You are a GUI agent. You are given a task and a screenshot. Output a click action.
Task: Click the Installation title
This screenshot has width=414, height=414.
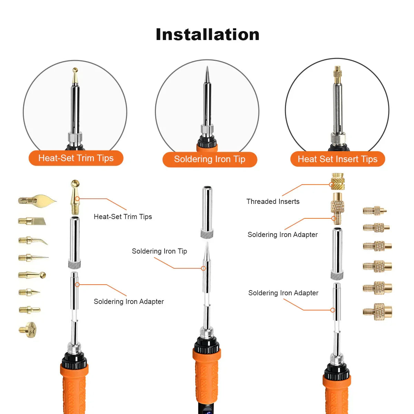pos(207,34)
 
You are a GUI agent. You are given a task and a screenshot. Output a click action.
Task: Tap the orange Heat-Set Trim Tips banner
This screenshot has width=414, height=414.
pos(76,158)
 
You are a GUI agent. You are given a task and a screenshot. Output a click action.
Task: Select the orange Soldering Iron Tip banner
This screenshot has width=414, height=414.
pos(210,159)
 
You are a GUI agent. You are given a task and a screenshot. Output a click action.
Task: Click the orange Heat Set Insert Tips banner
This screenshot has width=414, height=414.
pos(337,159)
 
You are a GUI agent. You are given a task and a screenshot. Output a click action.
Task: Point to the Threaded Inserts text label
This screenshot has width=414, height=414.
pos(273,201)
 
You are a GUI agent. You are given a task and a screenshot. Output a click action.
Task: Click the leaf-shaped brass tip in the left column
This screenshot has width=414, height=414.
pos(38,200)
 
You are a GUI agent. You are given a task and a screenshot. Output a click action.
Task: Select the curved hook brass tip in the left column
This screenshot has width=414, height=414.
pos(33,240)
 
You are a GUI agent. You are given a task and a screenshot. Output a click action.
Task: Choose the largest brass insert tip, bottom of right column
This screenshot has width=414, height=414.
pos(377,312)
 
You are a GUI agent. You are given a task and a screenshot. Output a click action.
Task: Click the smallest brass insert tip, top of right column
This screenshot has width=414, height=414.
pos(375,210)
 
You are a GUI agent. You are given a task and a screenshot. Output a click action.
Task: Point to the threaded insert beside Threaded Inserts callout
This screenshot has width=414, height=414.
pos(337,182)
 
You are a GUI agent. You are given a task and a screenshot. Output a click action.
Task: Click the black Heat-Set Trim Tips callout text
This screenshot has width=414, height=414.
pos(123,217)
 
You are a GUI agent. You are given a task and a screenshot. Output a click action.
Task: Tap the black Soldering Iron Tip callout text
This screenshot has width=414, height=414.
pos(159,251)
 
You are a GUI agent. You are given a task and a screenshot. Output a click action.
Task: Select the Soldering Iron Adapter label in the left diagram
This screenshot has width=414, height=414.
pos(129,302)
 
